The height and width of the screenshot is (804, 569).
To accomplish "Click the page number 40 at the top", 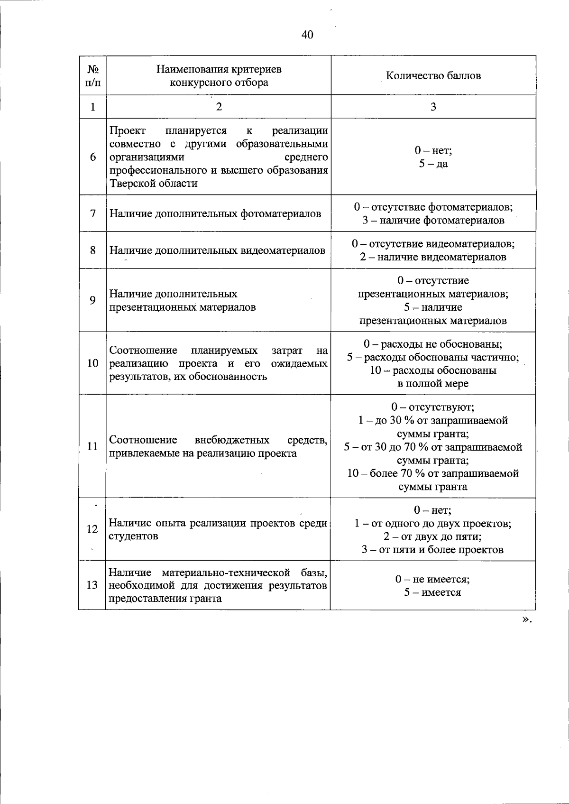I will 307,35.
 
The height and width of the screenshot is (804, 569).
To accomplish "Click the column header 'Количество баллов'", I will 433,76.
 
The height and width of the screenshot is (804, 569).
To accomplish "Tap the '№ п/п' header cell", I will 93,76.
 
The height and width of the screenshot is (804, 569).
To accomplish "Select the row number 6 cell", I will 93,157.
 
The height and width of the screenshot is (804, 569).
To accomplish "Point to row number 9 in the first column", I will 93,300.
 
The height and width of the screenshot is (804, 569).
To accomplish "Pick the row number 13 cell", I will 92,585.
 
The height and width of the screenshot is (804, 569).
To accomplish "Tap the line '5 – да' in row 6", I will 433,164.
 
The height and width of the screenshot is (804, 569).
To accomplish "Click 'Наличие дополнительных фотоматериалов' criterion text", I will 215,213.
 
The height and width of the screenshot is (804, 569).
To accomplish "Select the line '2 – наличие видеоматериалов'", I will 433,257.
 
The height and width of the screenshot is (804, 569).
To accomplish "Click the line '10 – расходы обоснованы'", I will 433,370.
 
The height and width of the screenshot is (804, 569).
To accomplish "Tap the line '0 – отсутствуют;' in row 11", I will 433,407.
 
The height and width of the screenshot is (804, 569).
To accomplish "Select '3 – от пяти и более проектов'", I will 433,550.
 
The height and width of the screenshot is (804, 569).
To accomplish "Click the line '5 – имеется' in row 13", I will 433,592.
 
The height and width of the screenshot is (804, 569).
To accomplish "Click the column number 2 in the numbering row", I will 219,107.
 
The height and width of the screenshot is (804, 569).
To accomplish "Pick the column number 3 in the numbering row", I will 433,107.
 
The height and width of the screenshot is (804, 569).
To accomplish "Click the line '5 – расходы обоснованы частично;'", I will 433,357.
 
